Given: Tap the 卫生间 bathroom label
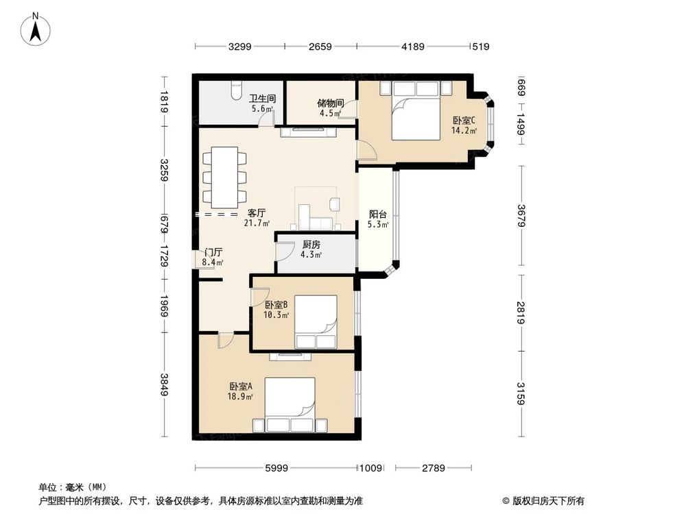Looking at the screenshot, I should coord(261,99).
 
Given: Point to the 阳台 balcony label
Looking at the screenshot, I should coord(377,215).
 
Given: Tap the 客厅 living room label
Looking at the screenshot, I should coord(257,213).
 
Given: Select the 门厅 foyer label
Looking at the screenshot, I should coord(213,252).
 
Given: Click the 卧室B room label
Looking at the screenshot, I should coord(276,305).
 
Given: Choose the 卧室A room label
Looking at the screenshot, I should coord(241,387).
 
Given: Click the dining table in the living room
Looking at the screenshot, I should coord(224,178).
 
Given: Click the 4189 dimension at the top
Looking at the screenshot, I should coord(413,47).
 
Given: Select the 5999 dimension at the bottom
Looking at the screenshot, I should coord(276,468).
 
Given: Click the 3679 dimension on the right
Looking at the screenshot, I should coord(521,215).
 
